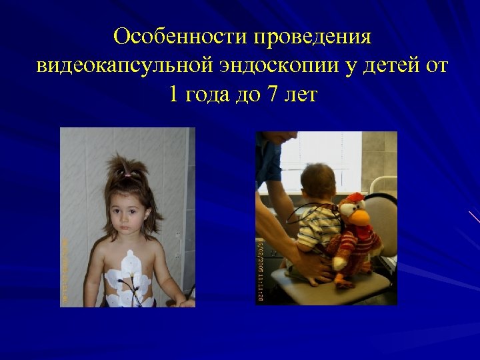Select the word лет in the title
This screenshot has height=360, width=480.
click(301, 95)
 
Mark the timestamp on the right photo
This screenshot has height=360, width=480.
click(260, 267)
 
